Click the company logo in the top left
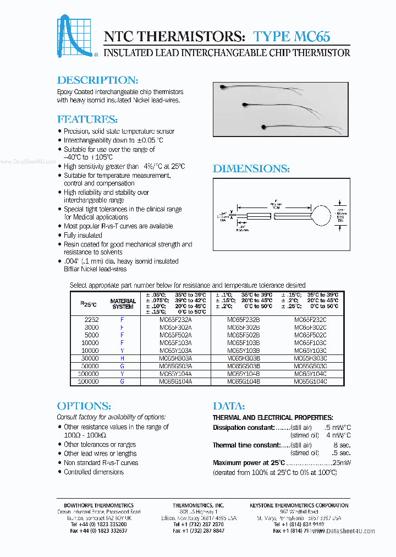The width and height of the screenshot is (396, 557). point(78,37)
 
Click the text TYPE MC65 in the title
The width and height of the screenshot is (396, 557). point(291,36)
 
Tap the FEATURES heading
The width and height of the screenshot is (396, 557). point(87,119)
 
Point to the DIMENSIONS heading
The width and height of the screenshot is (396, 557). point(251,169)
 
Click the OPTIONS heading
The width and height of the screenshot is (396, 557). point(84,406)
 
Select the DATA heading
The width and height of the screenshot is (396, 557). point(228,406)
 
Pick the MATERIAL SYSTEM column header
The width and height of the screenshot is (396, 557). point(123,304)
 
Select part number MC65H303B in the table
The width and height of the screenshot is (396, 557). point(244,358)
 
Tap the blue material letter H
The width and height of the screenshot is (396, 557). point(122,358)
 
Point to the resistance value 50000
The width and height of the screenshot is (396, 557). point(90,365)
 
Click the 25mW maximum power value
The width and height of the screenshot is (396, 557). point(342,463)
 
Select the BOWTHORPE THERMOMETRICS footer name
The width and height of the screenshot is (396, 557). point(95,505)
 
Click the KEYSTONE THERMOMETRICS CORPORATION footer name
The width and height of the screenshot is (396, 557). point(299,505)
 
